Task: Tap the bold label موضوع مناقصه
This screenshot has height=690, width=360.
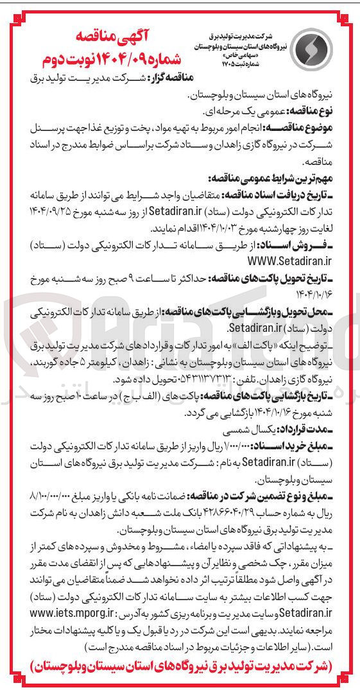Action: click(304, 130)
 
